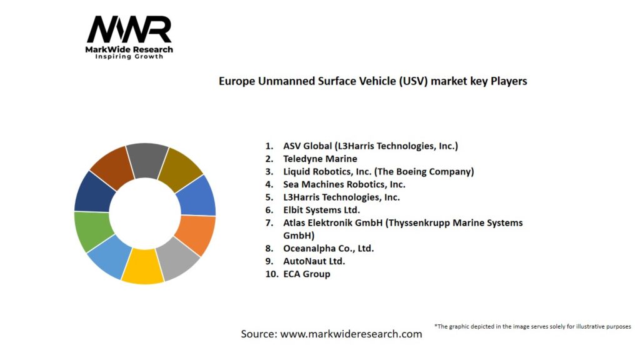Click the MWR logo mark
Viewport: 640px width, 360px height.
[129, 30]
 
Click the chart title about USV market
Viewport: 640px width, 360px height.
[372, 81]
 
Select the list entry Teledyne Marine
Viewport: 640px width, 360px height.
[320, 159]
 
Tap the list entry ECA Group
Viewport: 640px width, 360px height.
[306, 274]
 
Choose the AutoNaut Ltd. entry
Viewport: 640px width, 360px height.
[314, 261]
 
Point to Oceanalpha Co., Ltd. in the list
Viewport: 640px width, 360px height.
[328, 248]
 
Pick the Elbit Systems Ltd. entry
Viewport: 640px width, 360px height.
[322, 210]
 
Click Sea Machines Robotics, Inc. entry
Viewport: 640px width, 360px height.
[344, 184]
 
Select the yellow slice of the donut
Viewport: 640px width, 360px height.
[142, 267]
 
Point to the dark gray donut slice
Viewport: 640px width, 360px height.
[147, 161]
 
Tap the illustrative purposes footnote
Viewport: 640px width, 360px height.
[532, 326]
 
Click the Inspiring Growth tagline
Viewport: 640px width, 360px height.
[129, 56]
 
